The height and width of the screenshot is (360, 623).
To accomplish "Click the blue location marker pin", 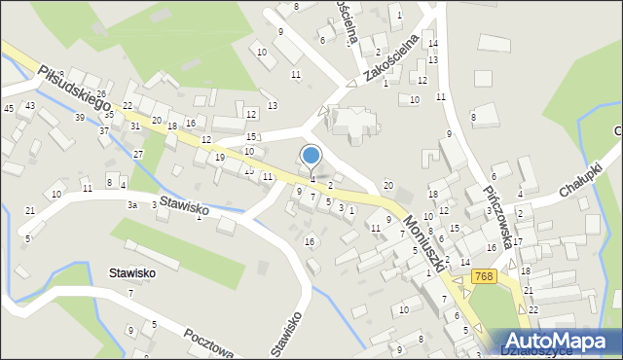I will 311,157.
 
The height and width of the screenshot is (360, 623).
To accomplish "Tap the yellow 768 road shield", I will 484,277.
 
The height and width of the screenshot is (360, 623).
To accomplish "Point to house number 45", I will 9,108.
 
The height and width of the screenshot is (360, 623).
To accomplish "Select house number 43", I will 31,105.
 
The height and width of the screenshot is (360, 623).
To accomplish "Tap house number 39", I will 80,117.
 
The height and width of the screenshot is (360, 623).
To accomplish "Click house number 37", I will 103,130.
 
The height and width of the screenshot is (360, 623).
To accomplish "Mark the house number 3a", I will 131,205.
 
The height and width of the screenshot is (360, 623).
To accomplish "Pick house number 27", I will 138,154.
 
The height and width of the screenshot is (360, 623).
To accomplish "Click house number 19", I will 220,157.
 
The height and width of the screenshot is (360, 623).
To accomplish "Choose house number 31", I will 135,126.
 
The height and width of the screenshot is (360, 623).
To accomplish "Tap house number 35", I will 110,114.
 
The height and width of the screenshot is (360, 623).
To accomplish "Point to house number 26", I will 101,94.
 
